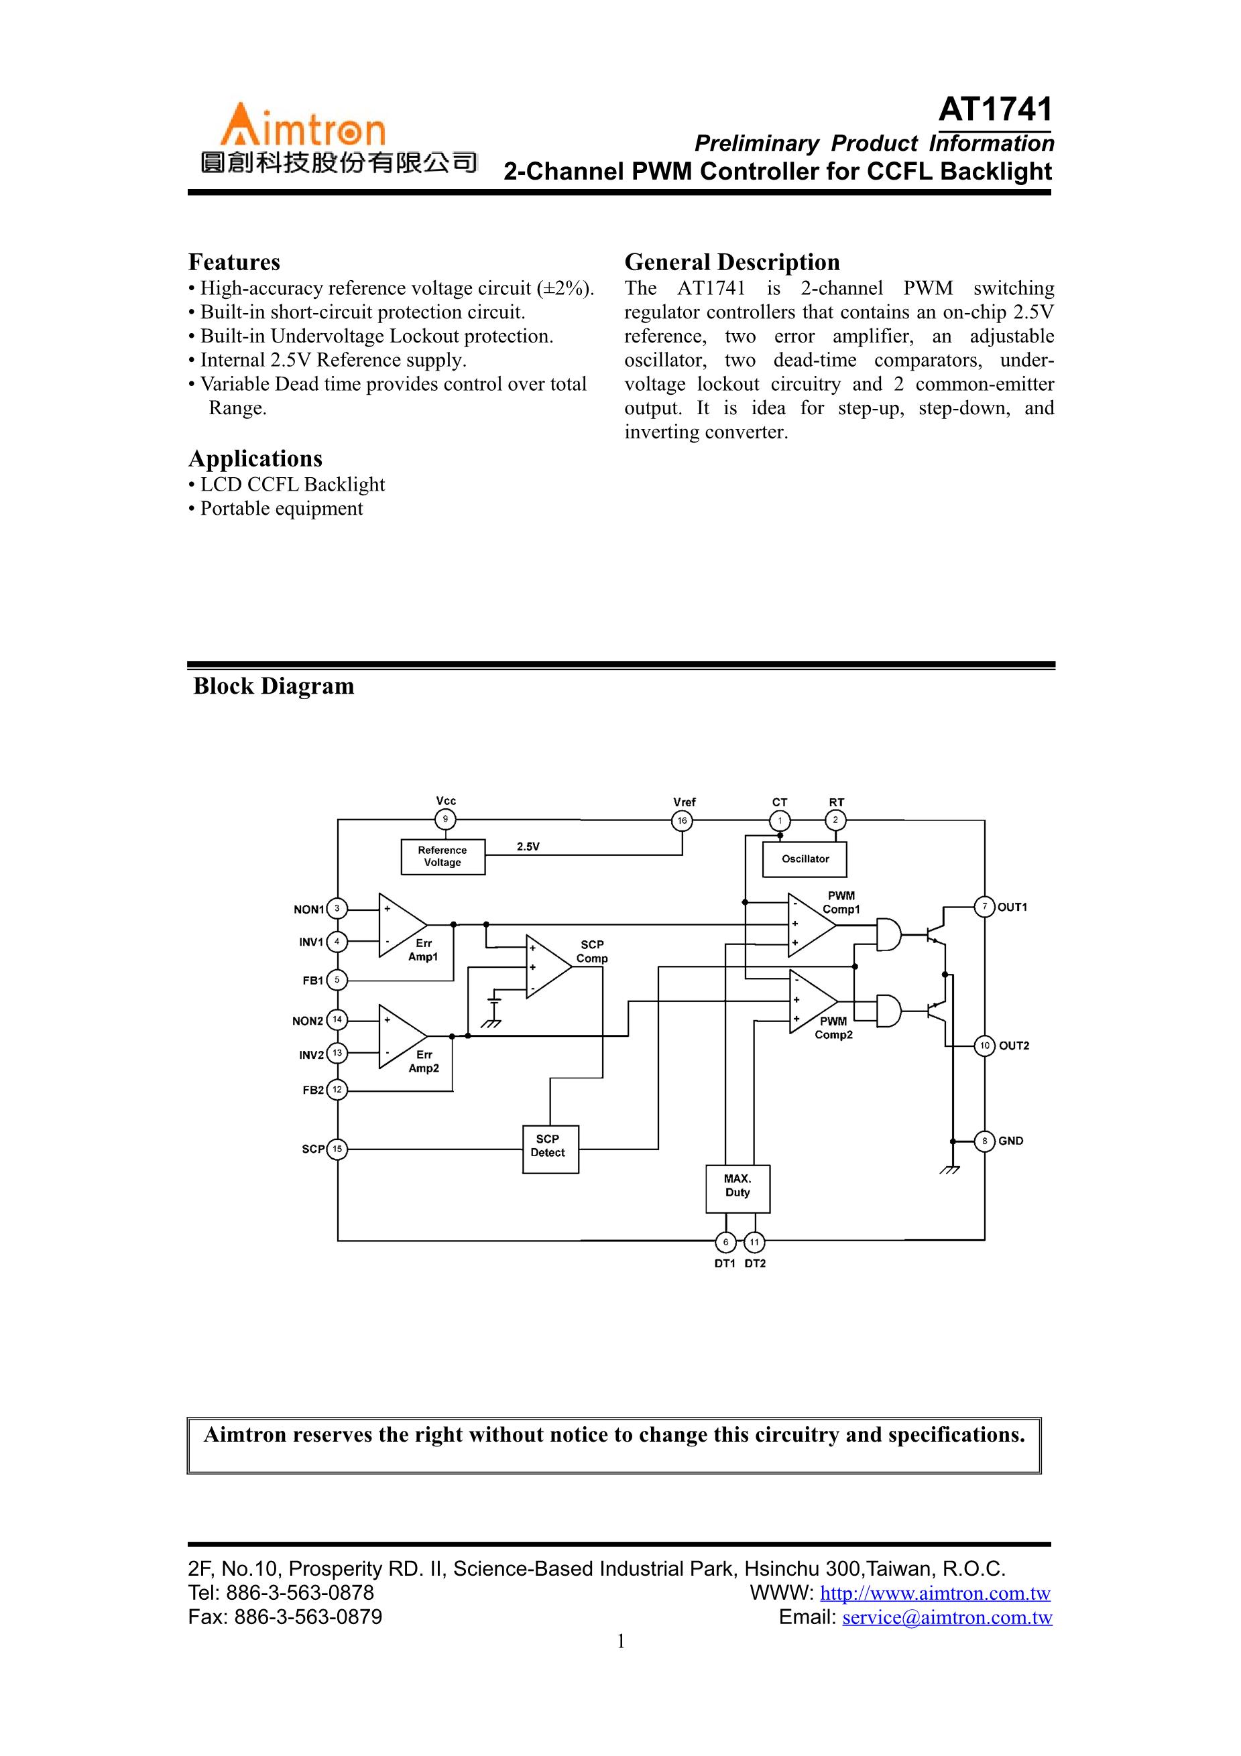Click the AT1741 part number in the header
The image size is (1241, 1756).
click(x=995, y=110)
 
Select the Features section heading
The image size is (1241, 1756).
click(x=234, y=262)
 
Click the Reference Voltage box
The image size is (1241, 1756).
click(x=442, y=857)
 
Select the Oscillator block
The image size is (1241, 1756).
click(x=805, y=860)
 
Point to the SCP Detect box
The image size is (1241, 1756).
click(x=549, y=1149)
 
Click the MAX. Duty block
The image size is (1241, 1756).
click(x=737, y=1188)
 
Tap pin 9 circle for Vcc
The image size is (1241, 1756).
click(x=445, y=820)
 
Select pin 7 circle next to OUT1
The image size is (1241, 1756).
click(x=985, y=907)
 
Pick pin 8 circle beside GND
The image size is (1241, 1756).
click(x=985, y=1141)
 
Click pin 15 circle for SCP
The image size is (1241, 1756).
click(x=337, y=1149)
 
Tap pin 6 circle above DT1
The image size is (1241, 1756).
click(x=725, y=1242)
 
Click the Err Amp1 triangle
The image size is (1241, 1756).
click(x=400, y=925)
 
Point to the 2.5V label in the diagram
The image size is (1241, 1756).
click(x=528, y=846)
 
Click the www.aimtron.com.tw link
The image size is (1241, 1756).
click(x=935, y=1594)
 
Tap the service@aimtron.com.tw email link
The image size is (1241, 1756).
click(x=947, y=1617)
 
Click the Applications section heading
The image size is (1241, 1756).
click(x=255, y=459)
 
